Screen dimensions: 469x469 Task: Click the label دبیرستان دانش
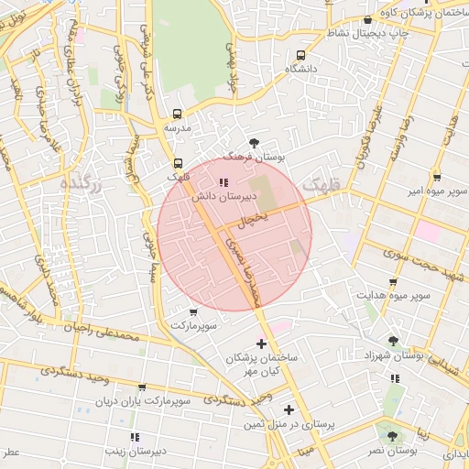tap(215, 196)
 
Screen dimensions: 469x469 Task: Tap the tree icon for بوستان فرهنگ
tap(254, 143)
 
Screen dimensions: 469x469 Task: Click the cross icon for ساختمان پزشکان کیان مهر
tap(262, 344)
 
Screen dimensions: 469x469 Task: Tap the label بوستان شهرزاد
tap(391, 354)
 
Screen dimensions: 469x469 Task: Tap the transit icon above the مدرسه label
tap(177, 115)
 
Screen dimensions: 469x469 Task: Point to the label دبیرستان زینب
tap(135, 450)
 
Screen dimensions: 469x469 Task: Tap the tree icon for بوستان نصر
tap(394, 436)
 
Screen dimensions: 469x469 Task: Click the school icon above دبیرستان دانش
tap(225, 181)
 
